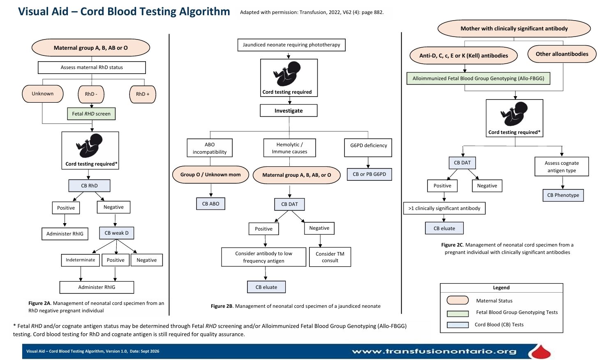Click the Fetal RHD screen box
pos(91,114)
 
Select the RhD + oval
pos(143,94)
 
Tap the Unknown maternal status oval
pos(43,94)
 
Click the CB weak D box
pos(116,233)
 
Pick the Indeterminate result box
pos(81,260)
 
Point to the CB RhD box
pos(90,186)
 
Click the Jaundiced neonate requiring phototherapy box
pos(291,45)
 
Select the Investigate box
pos(289,111)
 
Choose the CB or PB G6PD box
pos(369,174)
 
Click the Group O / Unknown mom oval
pos(210,175)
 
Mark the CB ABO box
pos(210,203)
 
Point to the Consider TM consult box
pos(330,257)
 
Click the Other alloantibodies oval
pos(562,54)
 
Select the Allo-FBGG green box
pos(478,78)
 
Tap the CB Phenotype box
pos(563,195)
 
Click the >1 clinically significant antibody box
pos(444,208)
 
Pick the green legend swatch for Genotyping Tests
pos(458,314)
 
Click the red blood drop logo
pos(540,351)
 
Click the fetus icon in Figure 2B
pos(287,74)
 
